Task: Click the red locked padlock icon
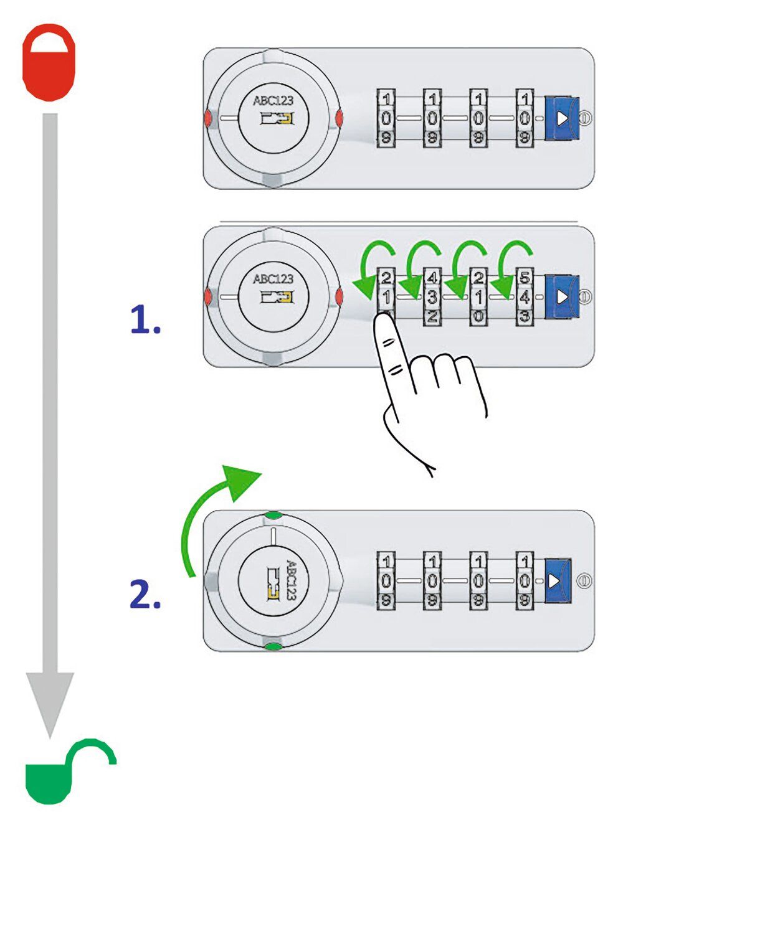click(x=49, y=63)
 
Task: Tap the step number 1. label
click(x=145, y=321)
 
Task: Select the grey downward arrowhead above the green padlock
click(x=50, y=700)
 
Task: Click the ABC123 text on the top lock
click(x=273, y=101)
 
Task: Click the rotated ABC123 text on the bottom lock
click(x=291, y=580)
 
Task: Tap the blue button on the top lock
click(x=562, y=118)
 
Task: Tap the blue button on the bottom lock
click(x=557, y=581)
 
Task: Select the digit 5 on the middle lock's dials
click(x=525, y=278)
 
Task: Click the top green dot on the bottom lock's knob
click(x=273, y=516)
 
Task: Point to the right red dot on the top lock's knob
click(x=340, y=118)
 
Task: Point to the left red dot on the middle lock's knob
click(x=207, y=297)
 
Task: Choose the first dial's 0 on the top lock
click(x=386, y=118)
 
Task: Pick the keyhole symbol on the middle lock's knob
click(x=277, y=297)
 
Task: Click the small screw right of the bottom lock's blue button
click(x=583, y=581)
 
